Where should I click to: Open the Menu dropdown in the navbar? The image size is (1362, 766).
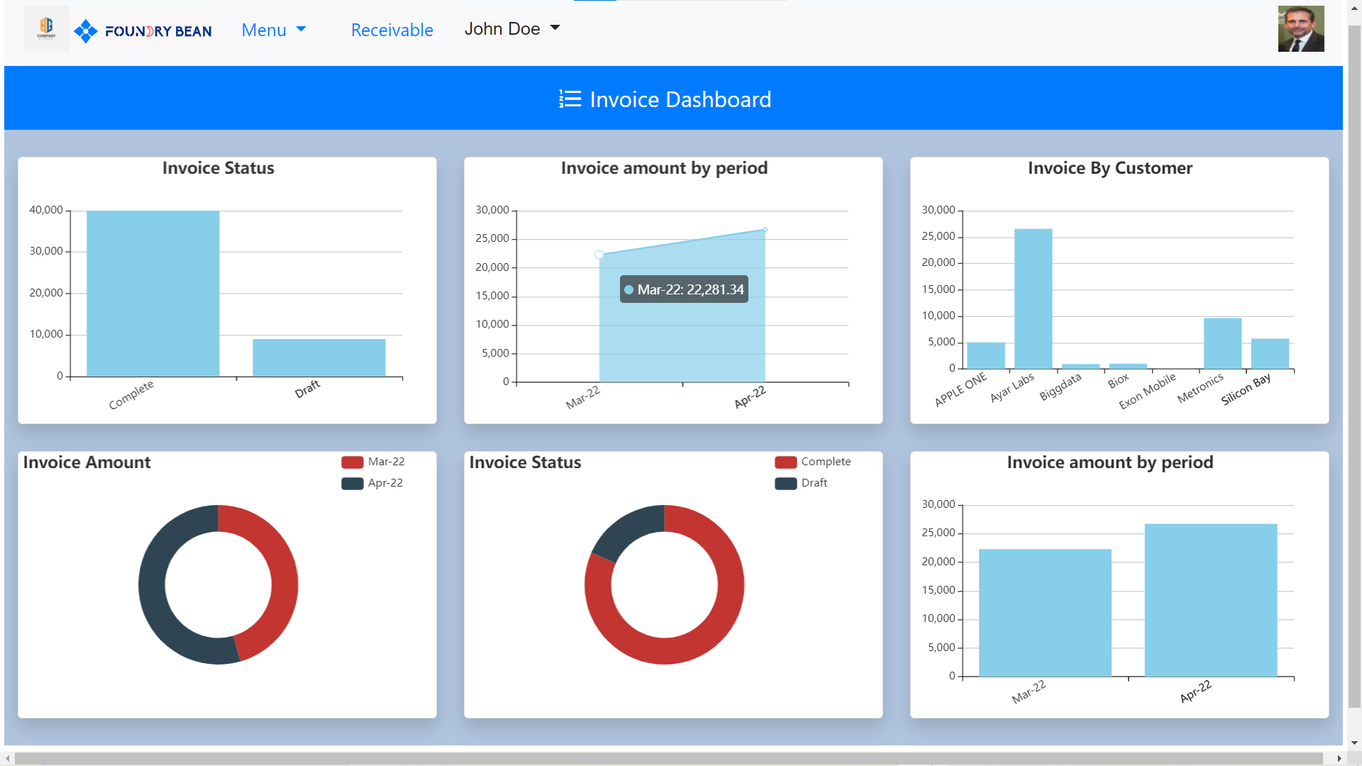(273, 30)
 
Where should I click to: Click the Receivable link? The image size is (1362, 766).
(392, 30)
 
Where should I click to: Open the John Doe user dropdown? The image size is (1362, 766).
(511, 29)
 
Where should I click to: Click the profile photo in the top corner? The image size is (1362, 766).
(1300, 29)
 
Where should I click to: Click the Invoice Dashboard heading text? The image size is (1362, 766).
(680, 99)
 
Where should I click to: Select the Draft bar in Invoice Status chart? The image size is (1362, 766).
(319, 357)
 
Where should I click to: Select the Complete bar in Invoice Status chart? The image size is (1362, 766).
(153, 294)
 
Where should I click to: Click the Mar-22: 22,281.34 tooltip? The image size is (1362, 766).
(684, 289)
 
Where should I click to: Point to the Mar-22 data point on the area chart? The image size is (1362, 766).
(599, 255)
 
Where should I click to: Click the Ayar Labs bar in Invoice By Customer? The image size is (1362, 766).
(1033, 298)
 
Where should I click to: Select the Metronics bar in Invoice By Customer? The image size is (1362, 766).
(1222, 343)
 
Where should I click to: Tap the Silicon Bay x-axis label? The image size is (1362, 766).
(1246, 389)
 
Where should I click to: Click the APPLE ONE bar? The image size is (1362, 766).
(985, 355)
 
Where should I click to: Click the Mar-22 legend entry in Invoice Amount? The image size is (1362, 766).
(374, 462)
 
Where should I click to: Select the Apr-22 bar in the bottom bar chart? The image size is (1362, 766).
(1210, 600)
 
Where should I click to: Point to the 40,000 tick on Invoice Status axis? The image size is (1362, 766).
(46, 210)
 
